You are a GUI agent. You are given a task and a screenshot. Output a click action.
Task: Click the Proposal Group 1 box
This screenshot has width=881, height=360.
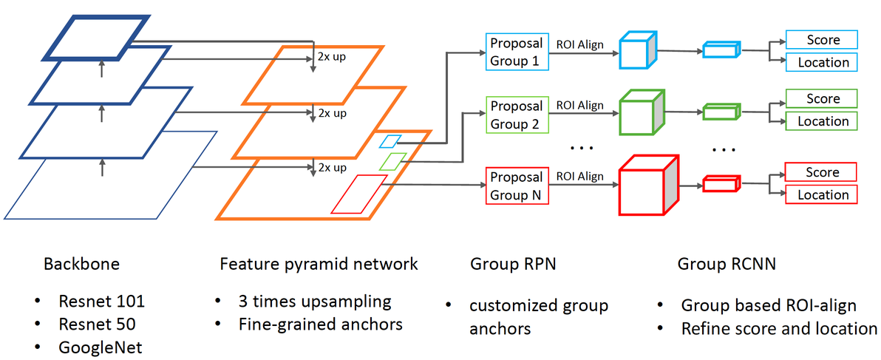(517, 52)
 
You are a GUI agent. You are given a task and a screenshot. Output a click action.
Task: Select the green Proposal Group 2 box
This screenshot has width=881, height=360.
(517, 115)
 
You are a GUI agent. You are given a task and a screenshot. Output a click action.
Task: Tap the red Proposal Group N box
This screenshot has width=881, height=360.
(517, 186)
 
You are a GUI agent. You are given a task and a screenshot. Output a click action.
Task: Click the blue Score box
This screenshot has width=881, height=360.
(822, 40)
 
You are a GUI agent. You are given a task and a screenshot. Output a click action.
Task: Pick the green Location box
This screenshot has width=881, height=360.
(822, 121)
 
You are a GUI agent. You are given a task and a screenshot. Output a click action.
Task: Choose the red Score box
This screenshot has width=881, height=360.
(821, 172)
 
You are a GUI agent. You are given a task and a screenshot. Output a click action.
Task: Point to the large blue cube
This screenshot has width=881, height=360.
(636, 51)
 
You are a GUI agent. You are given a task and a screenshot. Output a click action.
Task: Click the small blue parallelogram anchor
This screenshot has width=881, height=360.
(390, 140)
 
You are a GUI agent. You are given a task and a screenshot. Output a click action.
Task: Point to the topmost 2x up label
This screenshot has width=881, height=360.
(331, 58)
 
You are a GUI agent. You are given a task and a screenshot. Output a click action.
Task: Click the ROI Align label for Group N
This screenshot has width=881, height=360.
(579, 177)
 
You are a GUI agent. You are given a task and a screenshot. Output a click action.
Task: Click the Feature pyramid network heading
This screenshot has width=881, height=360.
(319, 264)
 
